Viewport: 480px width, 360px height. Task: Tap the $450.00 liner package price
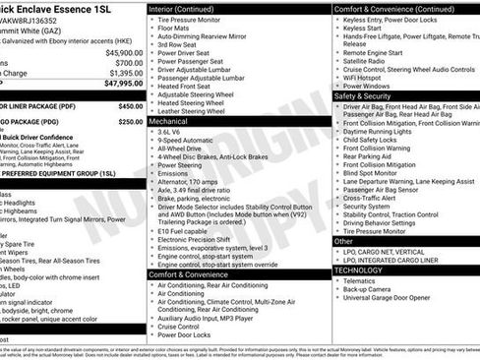pyautogui.click(x=131, y=105)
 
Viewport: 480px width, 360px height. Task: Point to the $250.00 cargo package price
pyautogui.click(x=131, y=122)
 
